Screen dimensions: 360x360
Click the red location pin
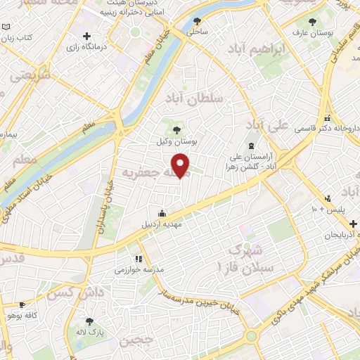click(x=182, y=166)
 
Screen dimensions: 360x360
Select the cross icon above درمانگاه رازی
click(x=86, y=37)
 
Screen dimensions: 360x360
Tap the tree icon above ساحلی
click(x=194, y=20)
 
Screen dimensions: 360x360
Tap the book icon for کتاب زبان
click(x=6, y=27)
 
